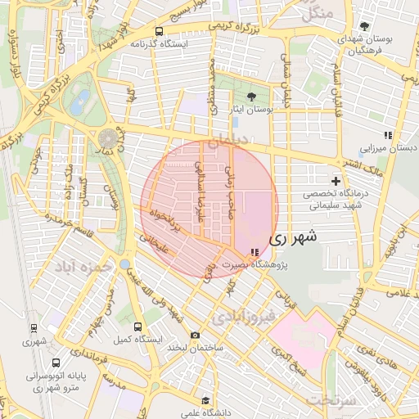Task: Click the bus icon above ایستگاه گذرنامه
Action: (158, 32)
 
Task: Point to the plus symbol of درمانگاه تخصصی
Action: (336, 180)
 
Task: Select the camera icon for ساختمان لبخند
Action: (194, 335)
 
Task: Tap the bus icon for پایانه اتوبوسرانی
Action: (55, 363)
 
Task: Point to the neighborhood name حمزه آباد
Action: (82, 267)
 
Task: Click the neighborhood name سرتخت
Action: (331, 399)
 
